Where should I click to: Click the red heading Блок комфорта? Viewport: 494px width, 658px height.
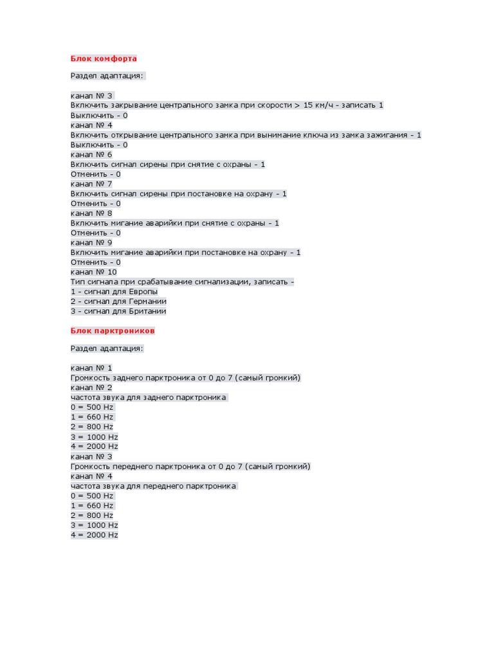point(104,59)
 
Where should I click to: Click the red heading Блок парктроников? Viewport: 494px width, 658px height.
point(113,331)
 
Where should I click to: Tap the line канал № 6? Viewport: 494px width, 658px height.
point(91,155)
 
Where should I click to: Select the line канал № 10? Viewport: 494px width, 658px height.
point(94,272)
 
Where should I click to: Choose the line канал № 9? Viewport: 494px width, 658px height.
point(91,242)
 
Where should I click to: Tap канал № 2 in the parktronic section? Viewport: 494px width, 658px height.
point(91,387)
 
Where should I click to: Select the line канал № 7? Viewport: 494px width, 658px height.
point(91,184)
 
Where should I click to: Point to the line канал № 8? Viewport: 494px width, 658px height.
point(91,213)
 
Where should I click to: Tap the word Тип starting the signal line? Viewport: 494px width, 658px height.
point(78,282)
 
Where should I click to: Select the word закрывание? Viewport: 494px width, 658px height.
point(138,105)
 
